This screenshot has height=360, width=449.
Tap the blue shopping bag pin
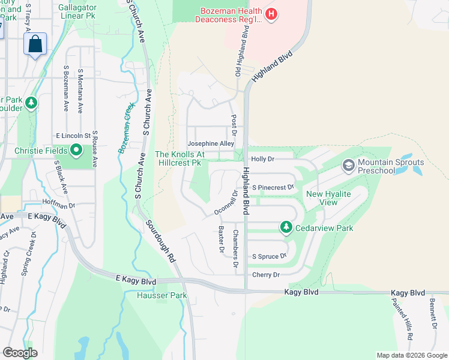point(35,44)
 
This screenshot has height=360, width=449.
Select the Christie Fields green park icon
point(76,149)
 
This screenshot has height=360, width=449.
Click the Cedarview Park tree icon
point(286,227)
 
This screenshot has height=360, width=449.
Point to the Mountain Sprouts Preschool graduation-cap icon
point(348,164)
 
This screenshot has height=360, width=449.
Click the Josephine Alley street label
point(211,144)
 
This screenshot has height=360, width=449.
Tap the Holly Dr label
point(262,159)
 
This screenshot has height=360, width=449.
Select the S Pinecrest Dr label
point(273,187)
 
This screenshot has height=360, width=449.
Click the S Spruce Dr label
point(269,256)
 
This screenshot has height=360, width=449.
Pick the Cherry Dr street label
point(266,275)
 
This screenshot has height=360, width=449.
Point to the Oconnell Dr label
point(226,203)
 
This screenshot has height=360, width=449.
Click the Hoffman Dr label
point(58,204)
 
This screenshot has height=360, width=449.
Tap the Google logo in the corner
point(19,353)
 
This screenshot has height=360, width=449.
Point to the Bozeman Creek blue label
point(127,127)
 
